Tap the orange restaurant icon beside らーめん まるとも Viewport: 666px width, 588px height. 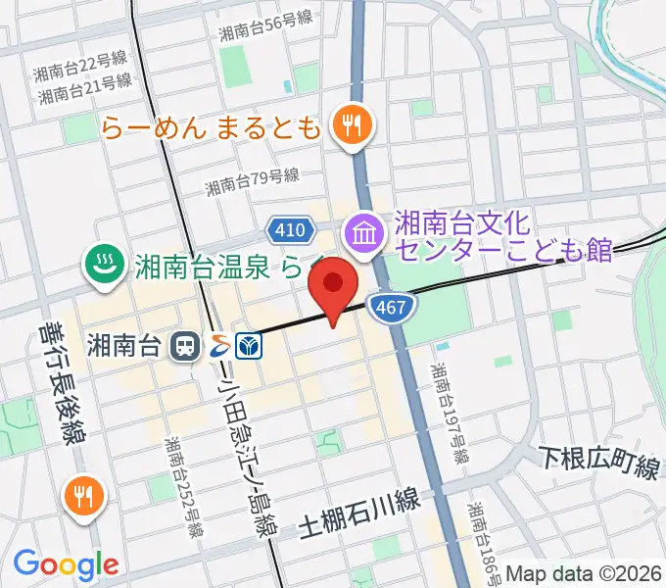tap(350, 125)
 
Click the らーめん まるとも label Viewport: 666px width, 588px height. tap(211, 127)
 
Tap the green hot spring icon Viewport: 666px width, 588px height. tap(102, 263)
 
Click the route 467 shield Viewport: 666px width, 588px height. tap(388, 308)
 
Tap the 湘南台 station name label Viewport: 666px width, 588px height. tap(124, 344)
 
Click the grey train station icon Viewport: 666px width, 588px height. tap(183, 345)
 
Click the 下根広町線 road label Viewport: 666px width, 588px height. tap(600, 460)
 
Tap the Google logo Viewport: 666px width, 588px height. tap(66, 563)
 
